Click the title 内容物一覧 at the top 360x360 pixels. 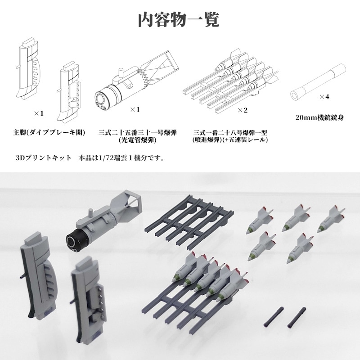click(179, 20)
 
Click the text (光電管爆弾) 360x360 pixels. click(137, 140)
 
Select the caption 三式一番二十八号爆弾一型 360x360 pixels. click(230, 133)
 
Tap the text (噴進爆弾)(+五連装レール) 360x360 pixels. click(230, 140)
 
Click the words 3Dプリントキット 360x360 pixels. click(43, 158)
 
